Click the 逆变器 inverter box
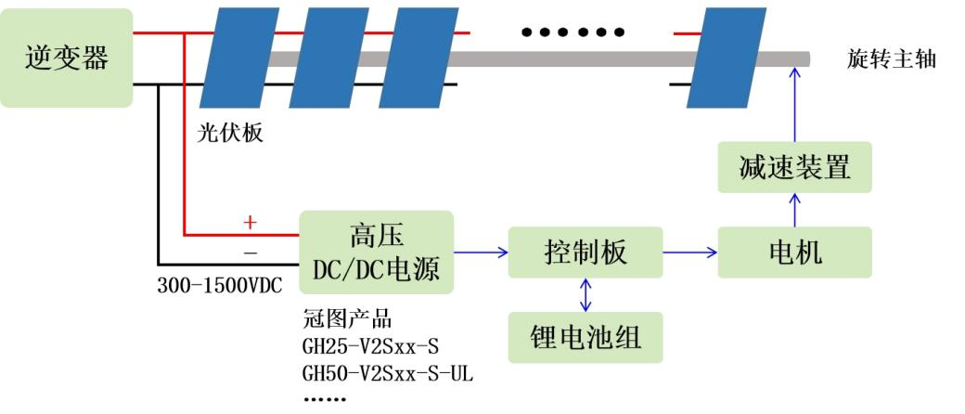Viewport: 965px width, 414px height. point(66,58)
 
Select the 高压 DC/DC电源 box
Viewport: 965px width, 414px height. point(376,252)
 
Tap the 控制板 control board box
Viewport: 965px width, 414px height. point(585,252)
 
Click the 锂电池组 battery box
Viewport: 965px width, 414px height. point(585,337)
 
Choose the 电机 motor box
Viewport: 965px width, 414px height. point(795,252)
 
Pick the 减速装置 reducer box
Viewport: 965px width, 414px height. point(795,167)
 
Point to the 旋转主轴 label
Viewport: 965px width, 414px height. point(891,59)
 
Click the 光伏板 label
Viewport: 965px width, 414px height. point(230,133)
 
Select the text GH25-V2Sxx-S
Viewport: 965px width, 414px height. point(370,347)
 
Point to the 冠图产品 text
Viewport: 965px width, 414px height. point(347,321)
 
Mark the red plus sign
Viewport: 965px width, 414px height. point(250,223)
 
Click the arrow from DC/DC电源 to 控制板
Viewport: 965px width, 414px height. point(481,252)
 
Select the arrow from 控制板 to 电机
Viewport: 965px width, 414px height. point(690,252)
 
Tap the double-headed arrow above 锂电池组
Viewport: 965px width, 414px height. point(585,294)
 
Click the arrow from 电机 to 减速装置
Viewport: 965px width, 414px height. point(795,210)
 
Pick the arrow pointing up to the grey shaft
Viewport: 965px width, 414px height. point(795,102)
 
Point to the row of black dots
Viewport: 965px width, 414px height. point(573,32)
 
